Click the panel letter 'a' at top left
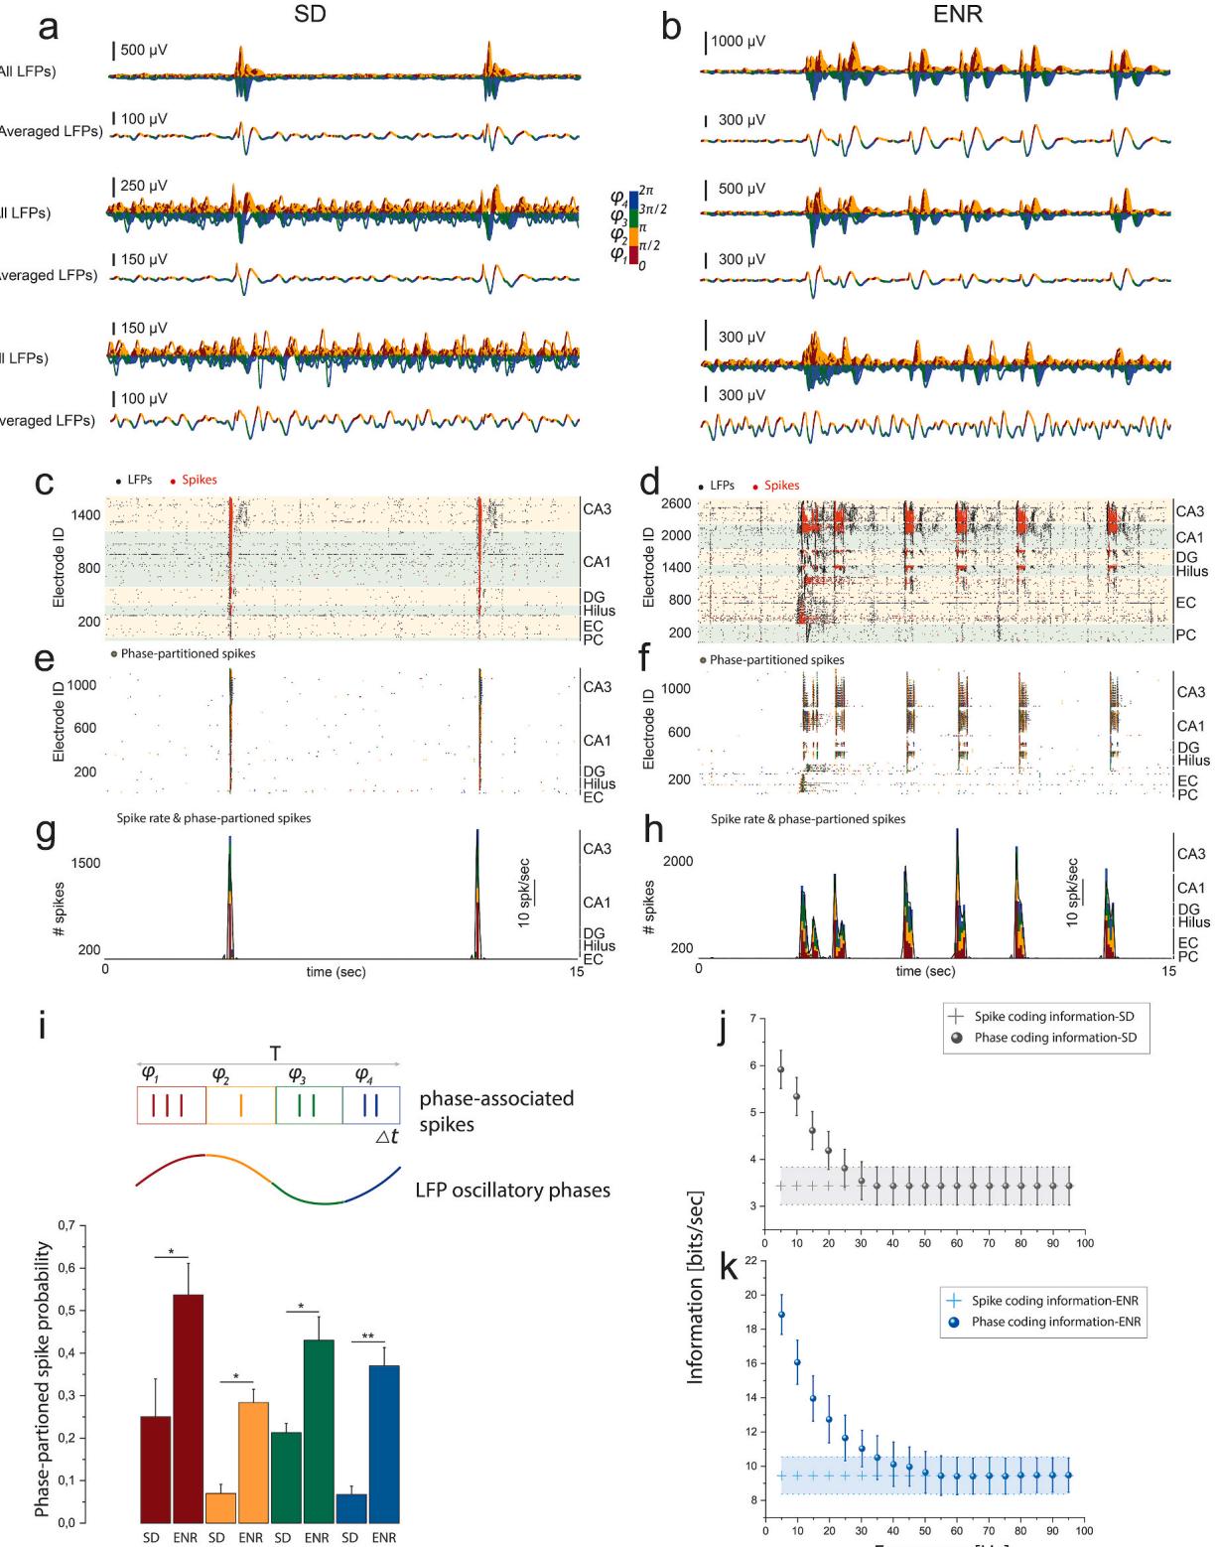pos(49,27)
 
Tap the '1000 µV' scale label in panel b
pos(741,42)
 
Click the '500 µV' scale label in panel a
pos(144,50)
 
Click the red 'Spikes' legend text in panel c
pos(200,480)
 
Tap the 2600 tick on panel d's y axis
pos(677,504)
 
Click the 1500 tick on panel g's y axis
pos(86,863)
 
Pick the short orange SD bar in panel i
pos(220,1505)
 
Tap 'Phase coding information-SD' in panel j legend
pos(1054,1038)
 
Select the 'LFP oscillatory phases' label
pos(513,1190)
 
